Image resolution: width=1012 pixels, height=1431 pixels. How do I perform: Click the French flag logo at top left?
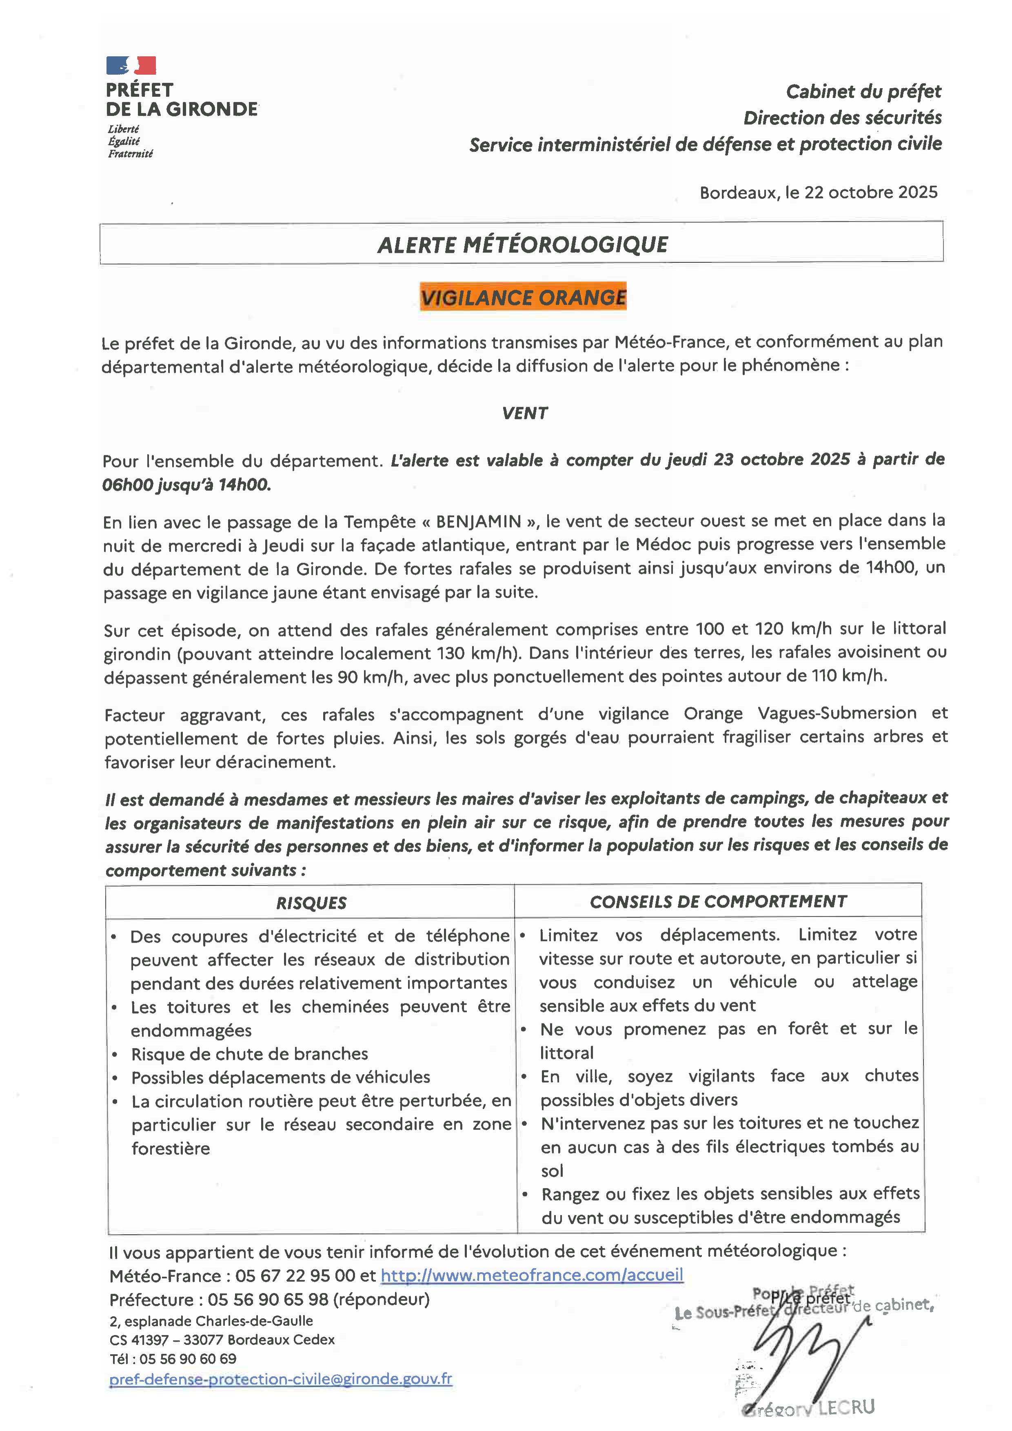(x=131, y=65)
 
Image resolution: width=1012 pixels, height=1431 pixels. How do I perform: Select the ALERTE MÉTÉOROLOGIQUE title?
(x=522, y=244)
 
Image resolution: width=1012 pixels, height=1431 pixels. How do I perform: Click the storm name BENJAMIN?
(x=478, y=521)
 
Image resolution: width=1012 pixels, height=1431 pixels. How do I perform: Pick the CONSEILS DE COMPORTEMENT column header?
(x=718, y=901)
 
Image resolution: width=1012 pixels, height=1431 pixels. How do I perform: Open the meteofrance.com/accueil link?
(x=532, y=1275)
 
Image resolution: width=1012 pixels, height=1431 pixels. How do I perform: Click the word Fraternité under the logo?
(x=130, y=154)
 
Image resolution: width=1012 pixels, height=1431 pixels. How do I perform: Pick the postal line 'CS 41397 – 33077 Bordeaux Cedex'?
(x=222, y=1339)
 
